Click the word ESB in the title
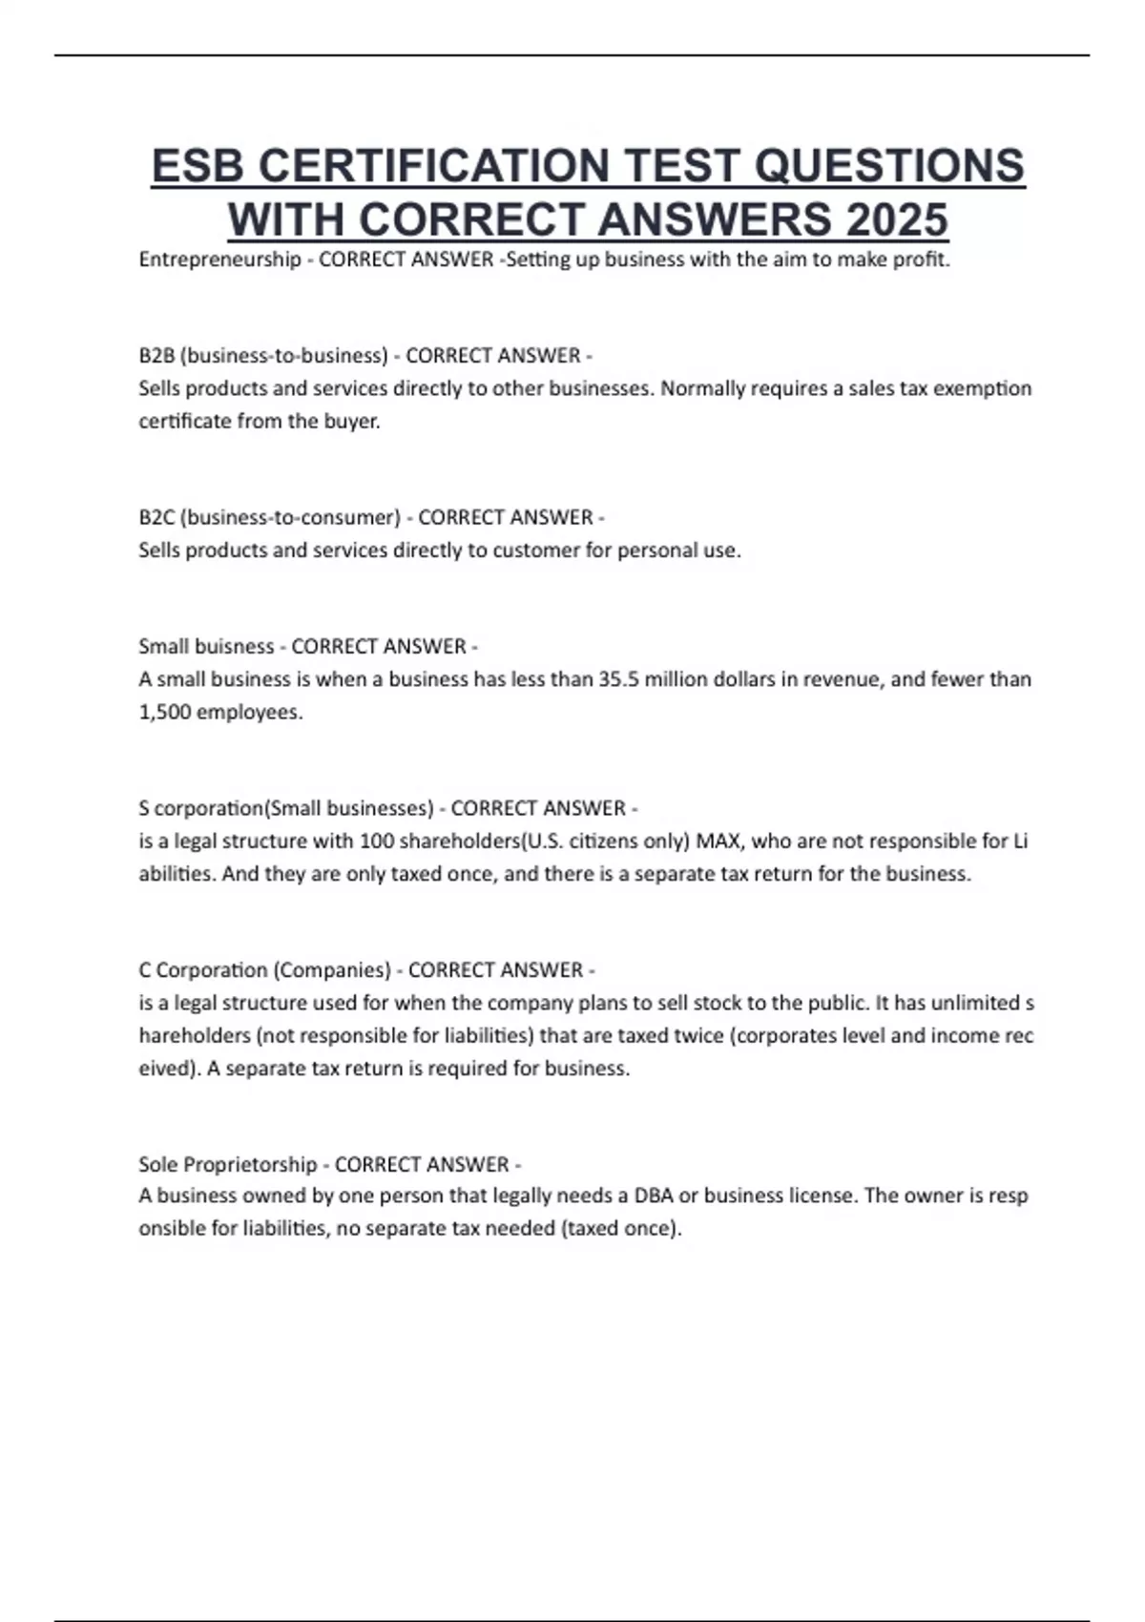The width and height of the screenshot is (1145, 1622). click(x=198, y=166)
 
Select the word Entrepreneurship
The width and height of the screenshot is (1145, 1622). click(x=219, y=260)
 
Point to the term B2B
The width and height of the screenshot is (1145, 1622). click(x=156, y=356)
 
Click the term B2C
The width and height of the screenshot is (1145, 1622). click(x=156, y=518)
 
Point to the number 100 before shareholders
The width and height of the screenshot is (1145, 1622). click(x=370, y=842)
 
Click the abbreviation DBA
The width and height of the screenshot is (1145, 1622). click(x=653, y=1196)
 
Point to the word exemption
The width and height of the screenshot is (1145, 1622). click(x=987, y=389)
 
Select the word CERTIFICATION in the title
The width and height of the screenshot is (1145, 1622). click(x=433, y=166)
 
